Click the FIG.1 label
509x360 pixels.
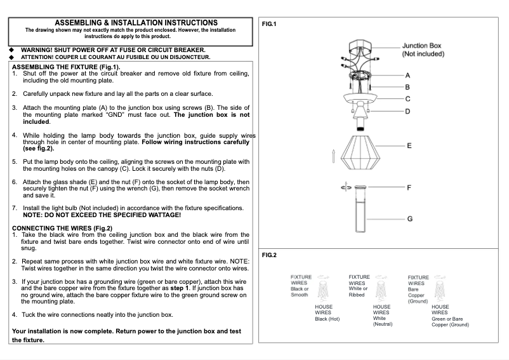[x=269, y=23]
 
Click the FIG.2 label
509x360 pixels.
[x=269, y=255]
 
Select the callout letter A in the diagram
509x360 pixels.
[x=407, y=75]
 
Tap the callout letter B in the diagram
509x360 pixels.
[x=407, y=87]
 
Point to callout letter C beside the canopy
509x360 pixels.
[x=407, y=98]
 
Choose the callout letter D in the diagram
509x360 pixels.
[x=407, y=111]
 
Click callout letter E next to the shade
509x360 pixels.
[x=409, y=145]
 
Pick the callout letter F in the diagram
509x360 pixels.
[x=409, y=187]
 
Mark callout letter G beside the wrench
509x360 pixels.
[x=410, y=218]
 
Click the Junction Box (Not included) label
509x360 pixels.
[x=421, y=50]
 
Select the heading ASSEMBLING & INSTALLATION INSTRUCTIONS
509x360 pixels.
[x=136, y=23]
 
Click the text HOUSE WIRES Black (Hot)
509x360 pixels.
[x=327, y=313]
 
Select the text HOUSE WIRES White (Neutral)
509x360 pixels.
[x=382, y=315]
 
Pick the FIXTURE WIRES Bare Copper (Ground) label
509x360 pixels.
[x=418, y=289]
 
